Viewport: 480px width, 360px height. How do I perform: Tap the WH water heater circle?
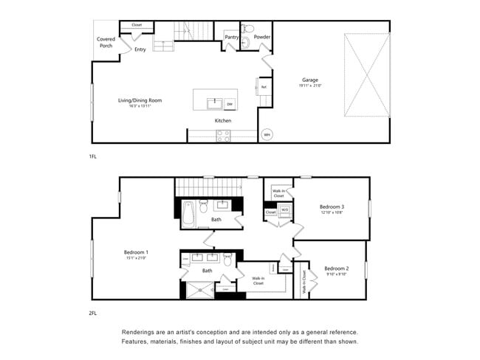(x=267, y=135)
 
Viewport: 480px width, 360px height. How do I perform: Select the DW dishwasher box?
(x=230, y=104)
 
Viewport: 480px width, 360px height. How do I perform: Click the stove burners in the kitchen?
(x=223, y=136)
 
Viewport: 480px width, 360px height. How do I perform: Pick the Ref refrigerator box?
(x=264, y=87)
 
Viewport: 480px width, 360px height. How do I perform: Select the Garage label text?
(x=309, y=80)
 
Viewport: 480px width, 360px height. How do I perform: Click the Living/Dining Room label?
(x=140, y=100)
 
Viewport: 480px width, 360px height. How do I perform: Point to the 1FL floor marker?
(x=92, y=157)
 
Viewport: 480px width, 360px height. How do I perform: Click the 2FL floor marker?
(x=92, y=313)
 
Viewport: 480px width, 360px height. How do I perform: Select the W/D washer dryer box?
(x=285, y=212)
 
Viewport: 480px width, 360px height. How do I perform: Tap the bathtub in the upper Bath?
(x=187, y=214)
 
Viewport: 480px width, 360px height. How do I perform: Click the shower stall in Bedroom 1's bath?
(x=199, y=289)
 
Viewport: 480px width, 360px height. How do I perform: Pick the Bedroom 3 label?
(x=332, y=207)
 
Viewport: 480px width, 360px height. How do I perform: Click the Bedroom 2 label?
(x=336, y=268)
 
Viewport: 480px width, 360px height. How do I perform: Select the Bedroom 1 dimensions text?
(x=136, y=258)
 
